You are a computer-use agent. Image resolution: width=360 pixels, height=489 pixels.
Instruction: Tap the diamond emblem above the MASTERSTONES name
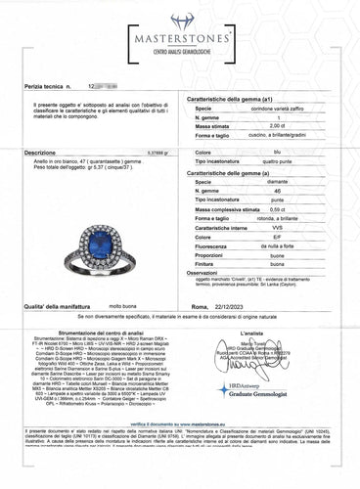pyautogui.click(x=180, y=20)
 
